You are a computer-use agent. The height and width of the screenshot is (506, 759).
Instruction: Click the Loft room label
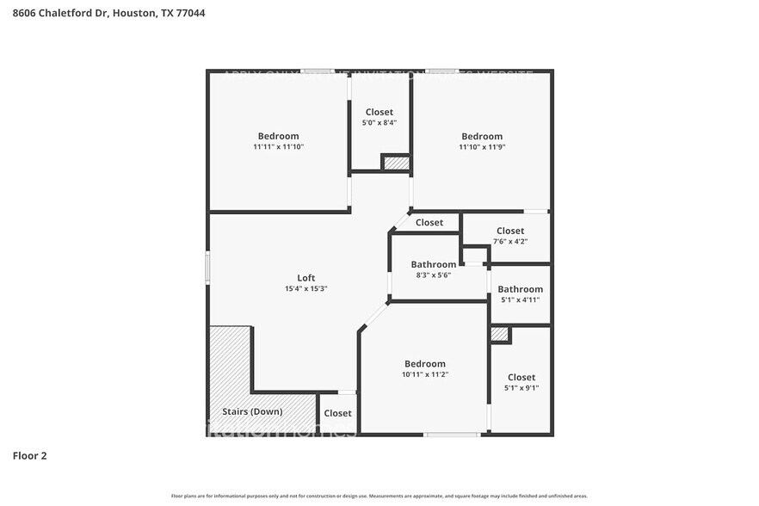point(306,278)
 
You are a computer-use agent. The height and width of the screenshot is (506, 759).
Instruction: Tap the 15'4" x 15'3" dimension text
point(306,289)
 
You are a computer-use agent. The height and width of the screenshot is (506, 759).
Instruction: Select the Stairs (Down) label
point(252,411)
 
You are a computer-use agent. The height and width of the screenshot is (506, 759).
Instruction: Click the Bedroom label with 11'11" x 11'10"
point(278,136)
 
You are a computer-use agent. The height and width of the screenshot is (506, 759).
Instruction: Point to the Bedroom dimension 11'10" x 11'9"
point(482,147)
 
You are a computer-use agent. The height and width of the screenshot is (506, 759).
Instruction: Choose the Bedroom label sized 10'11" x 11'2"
point(425,364)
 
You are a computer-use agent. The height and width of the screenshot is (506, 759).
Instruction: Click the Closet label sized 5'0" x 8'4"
point(379,112)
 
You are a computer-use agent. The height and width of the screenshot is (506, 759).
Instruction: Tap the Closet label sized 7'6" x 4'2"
point(510,231)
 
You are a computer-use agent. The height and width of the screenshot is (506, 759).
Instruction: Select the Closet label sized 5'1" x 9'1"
point(521,377)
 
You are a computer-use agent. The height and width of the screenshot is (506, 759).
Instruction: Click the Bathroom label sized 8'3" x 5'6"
point(433,264)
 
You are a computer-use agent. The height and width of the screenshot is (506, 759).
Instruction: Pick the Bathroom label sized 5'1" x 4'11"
point(521,289)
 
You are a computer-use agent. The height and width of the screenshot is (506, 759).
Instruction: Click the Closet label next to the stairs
point(338,413)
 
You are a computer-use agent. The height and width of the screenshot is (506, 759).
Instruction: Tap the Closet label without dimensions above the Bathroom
point(429,223)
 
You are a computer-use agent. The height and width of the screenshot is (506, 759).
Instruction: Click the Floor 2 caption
point(29,455)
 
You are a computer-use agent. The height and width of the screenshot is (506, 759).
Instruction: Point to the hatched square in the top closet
point(396,163)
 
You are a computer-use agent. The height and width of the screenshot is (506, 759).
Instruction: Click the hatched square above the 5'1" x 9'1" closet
point(499,334)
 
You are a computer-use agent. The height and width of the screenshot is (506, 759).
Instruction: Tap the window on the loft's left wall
point(207,266)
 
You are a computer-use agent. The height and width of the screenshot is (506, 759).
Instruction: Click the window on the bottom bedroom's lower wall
point(452,435)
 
